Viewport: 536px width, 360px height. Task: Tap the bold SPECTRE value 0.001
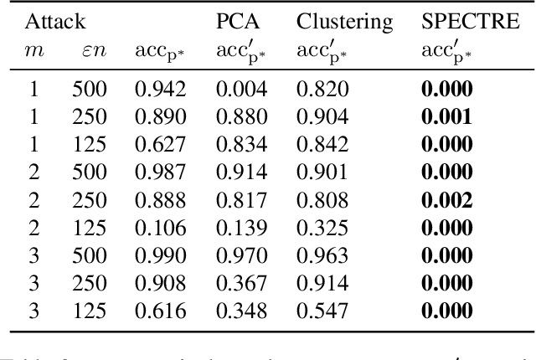point(446,116)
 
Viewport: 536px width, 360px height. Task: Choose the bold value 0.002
point(446,199)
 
